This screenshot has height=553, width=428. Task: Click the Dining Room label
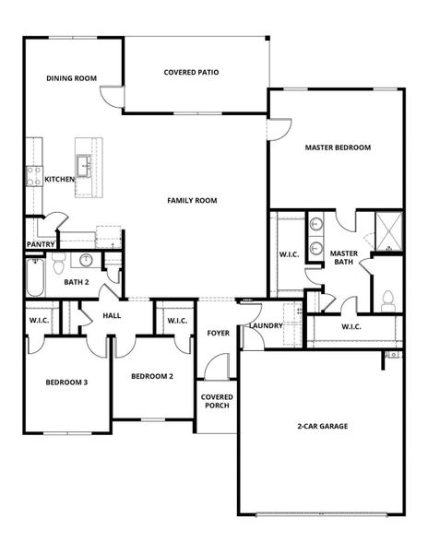coord(72,79)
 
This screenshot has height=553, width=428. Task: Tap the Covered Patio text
coord(191,72)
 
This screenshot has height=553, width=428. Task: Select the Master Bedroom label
coord(338,147)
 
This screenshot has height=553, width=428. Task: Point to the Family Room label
coord(191,200)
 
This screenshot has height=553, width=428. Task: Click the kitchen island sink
coord(84,166)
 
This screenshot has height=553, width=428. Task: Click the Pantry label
coord(40,244)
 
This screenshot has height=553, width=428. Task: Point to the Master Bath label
coord(344,257)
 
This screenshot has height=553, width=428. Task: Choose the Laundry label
coord(266,326)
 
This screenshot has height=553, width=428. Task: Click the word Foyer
coord(218,333)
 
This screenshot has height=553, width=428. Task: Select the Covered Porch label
coord(217,401)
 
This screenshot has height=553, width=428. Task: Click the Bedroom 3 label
coord(66,382)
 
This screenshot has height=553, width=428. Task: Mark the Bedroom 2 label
coord(151,376)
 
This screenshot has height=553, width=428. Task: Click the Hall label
coord(112,315)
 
